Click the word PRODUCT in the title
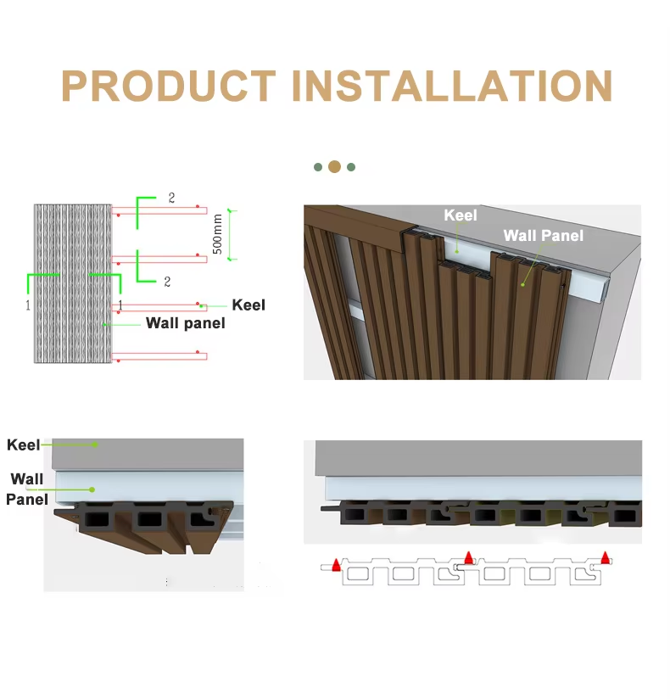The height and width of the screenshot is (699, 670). [169, 86]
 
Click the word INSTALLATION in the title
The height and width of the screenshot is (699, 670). [452, 86]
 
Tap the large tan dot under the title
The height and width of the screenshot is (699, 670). [334, 167]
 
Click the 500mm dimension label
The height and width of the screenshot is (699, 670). [218, 234]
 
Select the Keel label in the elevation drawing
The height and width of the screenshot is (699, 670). [248, 305]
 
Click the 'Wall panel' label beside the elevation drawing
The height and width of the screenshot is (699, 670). [186, 323]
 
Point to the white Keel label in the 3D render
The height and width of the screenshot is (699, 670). [461, 215]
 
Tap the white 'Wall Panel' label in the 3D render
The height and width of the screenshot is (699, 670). [544, 235]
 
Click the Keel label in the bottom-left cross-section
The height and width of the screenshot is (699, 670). [23, 445]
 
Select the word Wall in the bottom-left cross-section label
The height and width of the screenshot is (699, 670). [27, 479]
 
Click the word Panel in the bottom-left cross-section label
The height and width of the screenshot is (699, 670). [27, 500]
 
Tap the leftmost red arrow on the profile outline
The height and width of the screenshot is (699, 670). [337, 565]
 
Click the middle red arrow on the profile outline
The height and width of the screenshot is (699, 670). [468, 557]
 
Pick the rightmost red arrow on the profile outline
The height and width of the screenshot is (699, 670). [606, 557]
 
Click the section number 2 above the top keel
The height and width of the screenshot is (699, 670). [171, 198]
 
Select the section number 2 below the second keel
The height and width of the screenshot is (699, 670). [167, 282]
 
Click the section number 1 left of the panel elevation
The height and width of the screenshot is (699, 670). [28, 305]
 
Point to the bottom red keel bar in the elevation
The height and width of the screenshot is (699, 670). [159, 356]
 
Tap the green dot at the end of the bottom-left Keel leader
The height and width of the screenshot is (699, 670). [95, 445]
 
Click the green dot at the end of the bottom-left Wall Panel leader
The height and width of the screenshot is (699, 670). [92, 489]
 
